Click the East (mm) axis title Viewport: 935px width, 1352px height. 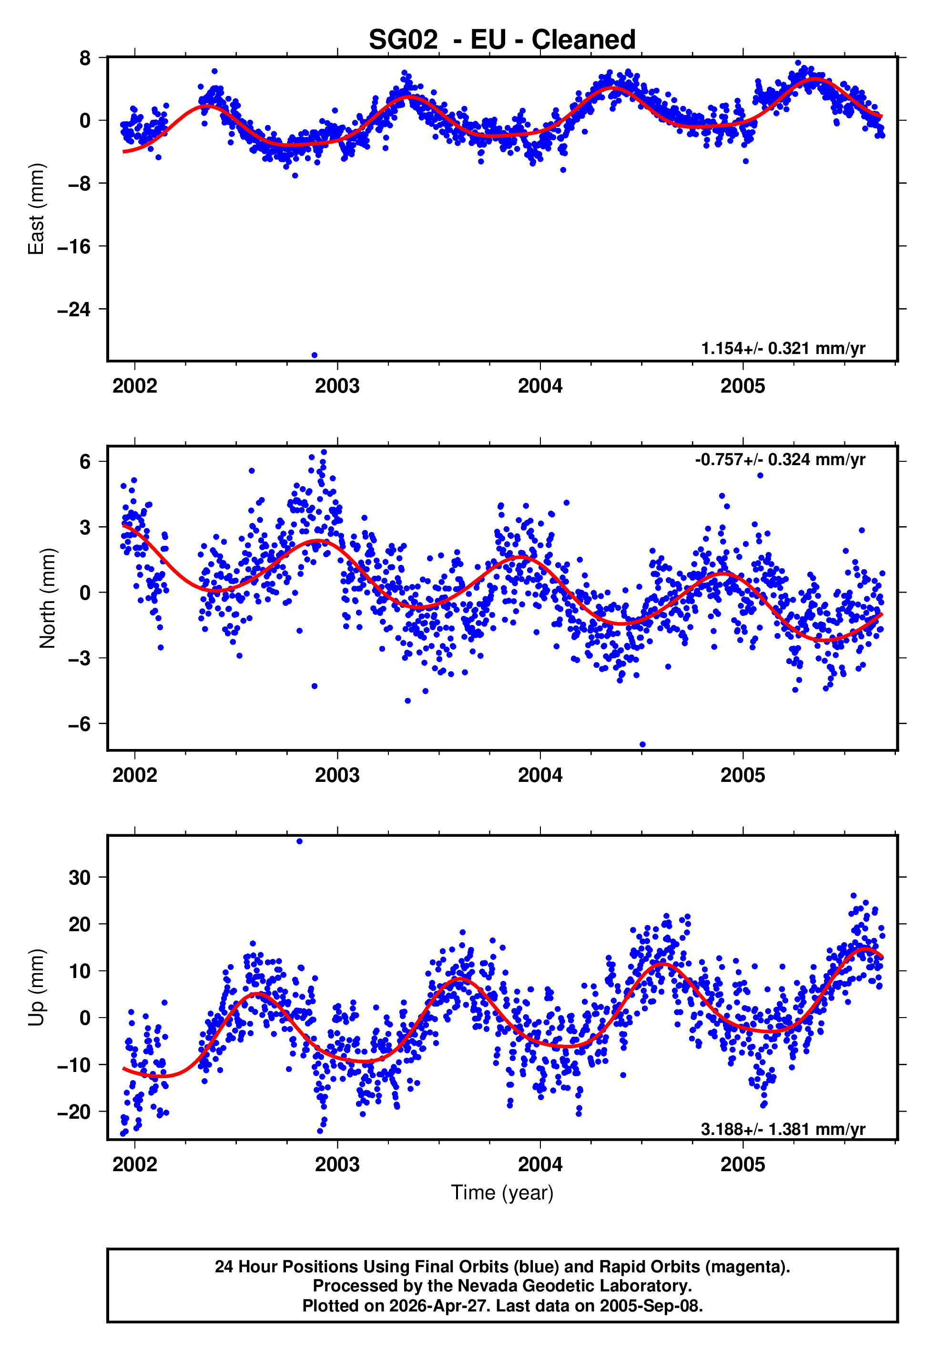pyautogui.click(x=36, y=209)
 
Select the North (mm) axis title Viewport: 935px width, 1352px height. pyautogui.click(x=47, y=598)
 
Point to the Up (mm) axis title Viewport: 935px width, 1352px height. pyautogui.click(x=36, y=988)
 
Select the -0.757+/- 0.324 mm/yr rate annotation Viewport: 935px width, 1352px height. pyautogui.click(x=780, y=460)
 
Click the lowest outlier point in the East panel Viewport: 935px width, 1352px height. pyautogui.click(x=315, y=355)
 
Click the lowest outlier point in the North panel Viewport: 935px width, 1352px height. pyautogui.click(x=643, y=745)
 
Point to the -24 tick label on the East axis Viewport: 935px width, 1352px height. pyautogui.click(x=74, y=309)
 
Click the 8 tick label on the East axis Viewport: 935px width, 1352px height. pyautogui.click(x=85, y=58)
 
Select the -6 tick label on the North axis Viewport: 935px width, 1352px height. pyautogui.click(x=80, y=724)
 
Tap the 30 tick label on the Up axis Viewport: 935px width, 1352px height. pyautogui.click(x=80, y=878)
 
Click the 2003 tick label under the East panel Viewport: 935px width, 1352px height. pyautogui.click(x=337, y=386)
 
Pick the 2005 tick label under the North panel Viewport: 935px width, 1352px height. pyautogui.click(x=742, y=776)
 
